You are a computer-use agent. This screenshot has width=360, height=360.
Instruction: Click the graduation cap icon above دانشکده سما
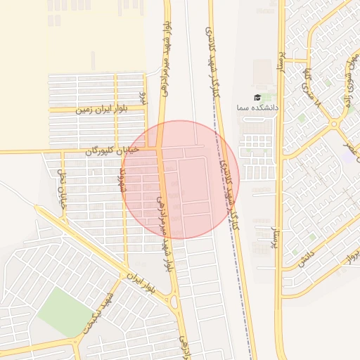pos(257,97)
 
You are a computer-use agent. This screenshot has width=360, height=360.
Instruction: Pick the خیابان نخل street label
pos(61,191)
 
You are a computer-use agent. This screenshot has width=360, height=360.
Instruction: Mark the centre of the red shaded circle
pos(181,179)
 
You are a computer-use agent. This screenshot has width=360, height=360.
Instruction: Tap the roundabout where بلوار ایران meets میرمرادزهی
pos(174,302)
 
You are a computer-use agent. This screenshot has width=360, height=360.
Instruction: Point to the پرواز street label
pos(349,257)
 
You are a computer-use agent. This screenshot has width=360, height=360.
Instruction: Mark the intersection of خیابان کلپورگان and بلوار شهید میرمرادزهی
pos(160,148)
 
